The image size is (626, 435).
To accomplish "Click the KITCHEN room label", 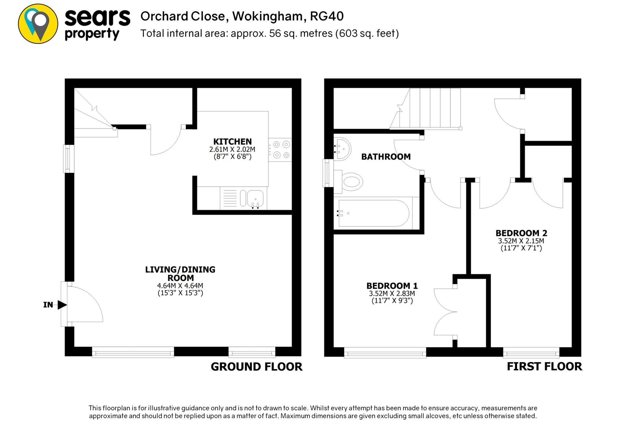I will (x=232, y=142).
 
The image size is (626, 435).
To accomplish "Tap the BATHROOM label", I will (x=386, y=157).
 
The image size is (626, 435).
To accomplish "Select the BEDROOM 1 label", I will (x=392, y=286).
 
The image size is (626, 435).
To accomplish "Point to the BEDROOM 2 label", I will (x=521, y=233).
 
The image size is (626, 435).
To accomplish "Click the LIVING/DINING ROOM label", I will (x=180, y=274).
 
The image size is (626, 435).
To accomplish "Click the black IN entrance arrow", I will (x=62, y=305).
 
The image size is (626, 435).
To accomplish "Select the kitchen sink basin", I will (x=255, y=198).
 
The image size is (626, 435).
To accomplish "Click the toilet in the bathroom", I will (x=352, y=182).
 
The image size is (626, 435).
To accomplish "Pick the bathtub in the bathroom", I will (x=374, y=213).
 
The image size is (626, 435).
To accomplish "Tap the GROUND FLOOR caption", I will (x=256, y=367).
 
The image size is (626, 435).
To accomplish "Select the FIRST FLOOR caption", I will (x=544, y=367).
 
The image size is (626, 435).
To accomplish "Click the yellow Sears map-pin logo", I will (x=38, y=24).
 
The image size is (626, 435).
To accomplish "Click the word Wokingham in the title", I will (x=267, y=16).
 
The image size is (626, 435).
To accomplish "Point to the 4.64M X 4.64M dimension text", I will (x=180, y=286).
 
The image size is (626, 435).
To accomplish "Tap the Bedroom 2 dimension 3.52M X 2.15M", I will (x=521, y=241).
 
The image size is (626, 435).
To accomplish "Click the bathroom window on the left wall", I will (x=328, y=173).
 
